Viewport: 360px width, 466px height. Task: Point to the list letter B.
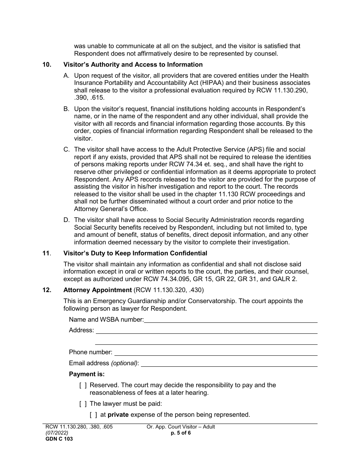[66, 109]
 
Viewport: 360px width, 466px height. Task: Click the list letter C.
[66, 150]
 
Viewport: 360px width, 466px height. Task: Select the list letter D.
[66, 220]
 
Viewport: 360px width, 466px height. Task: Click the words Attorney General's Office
[111, 209]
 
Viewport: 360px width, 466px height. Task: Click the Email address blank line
[229, 363]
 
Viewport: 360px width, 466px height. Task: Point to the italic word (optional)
[124, 363]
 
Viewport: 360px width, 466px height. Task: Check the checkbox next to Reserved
[83, 385]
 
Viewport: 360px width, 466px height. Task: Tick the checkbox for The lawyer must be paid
[83, 404]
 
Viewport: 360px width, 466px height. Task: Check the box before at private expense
[94, 415]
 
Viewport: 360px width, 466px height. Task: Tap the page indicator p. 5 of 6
[181, 433]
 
